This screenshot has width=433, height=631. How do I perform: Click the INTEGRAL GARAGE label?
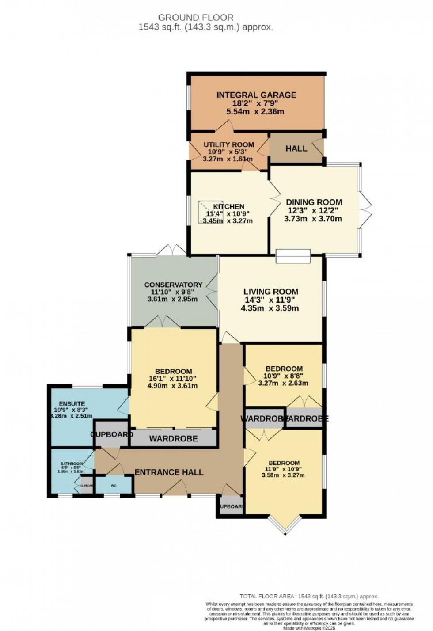[256, 95]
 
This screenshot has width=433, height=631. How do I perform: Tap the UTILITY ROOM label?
[228, 145]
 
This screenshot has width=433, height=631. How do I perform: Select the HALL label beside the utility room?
[296, 148]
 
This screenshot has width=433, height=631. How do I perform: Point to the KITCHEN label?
[228, 206]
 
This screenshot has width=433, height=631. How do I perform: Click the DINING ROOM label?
[314, 202]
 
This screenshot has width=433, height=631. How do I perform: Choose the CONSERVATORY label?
[173, 285]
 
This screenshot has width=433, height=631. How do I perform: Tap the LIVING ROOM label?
[271, 292]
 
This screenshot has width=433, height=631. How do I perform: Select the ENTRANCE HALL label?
[169, 472]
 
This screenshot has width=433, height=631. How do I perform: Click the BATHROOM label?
[72, 464]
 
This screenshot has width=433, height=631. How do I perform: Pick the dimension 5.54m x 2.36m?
[255, 112]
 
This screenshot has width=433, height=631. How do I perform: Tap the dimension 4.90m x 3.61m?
[173, 386]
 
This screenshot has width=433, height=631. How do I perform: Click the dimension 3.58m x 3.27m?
[283, 475]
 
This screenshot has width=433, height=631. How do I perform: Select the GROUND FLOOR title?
[196, 18]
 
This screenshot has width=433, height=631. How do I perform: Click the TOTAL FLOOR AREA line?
[309, 596]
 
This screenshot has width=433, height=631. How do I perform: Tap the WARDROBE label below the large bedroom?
[173, 439]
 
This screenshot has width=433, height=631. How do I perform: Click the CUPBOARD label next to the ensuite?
[112, 434]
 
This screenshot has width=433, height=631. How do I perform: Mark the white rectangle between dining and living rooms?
[293, 256]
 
